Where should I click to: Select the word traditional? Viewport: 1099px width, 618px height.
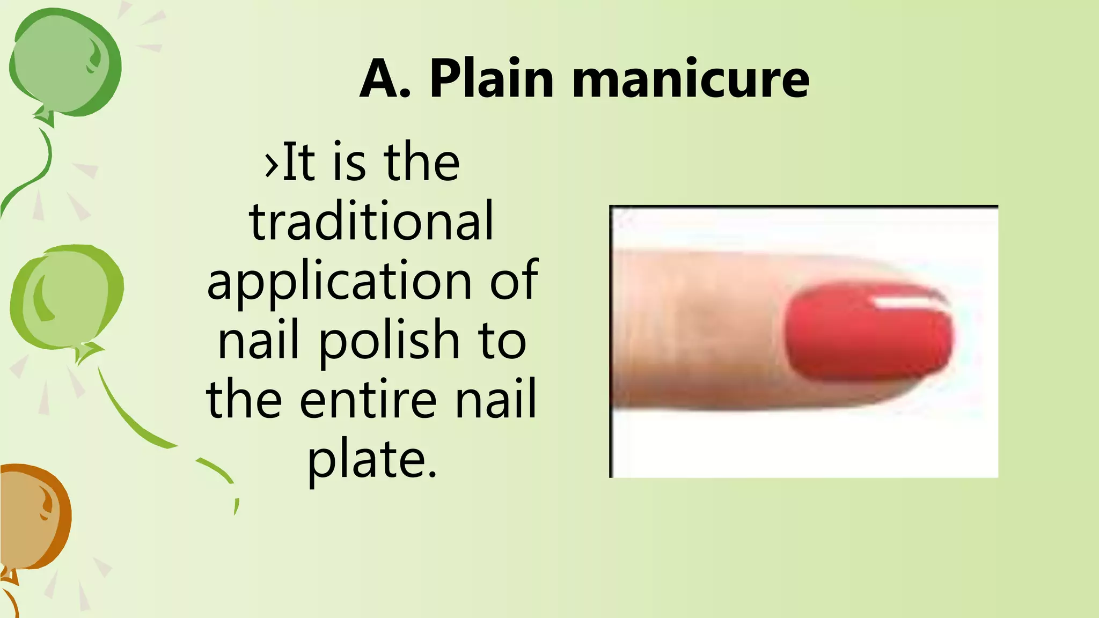tap(371, 221)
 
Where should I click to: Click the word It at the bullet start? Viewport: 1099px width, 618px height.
tap(298, 162)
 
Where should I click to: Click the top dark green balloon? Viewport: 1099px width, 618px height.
tap(64, 62)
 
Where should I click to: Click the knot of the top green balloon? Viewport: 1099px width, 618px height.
tap(46, 116)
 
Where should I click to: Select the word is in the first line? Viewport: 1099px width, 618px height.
tap(349, 162)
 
